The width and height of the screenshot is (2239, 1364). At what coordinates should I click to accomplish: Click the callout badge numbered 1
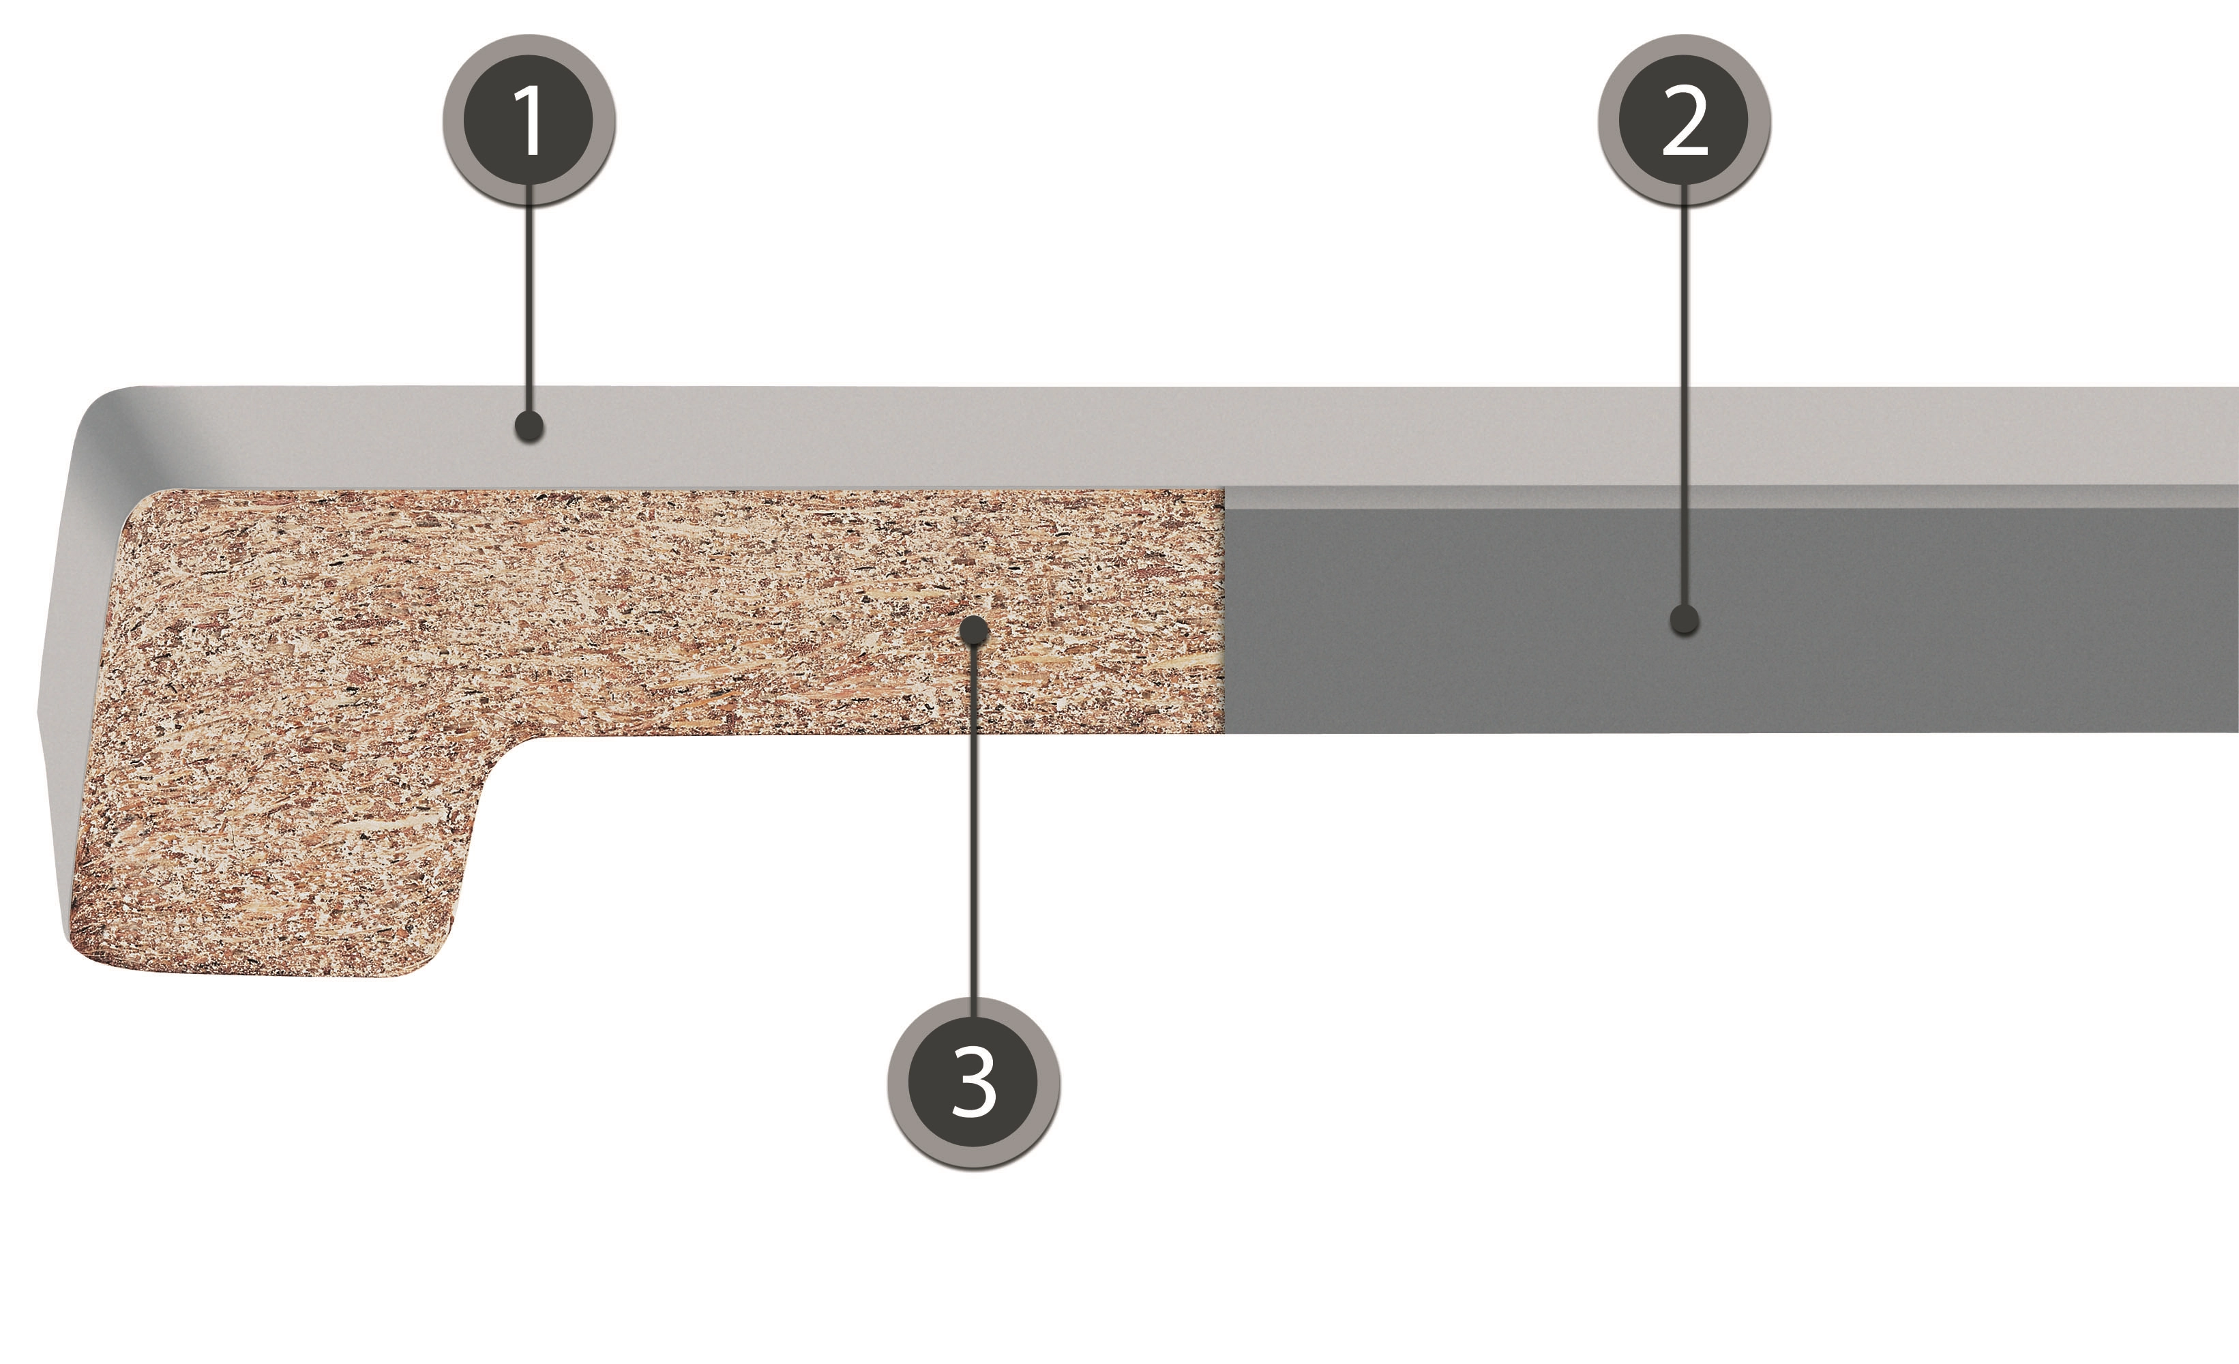529,121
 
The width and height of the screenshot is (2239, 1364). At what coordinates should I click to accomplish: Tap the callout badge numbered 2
1684,121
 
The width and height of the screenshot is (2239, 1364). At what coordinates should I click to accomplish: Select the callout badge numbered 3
973,1082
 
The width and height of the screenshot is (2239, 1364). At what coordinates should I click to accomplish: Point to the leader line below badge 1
529,309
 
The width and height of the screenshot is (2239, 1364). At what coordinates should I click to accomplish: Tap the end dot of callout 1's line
529,426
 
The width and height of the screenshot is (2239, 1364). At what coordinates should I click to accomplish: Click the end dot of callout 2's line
1685,620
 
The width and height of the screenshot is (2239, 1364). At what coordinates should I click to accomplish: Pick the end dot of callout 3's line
974,629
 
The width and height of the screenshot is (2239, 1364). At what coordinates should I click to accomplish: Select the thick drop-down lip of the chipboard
273,854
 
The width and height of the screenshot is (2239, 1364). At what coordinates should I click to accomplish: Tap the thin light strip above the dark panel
1731,497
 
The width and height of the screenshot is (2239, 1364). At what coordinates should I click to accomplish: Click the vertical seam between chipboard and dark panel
1224,610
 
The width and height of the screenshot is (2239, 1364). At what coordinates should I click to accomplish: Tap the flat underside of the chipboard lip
254,974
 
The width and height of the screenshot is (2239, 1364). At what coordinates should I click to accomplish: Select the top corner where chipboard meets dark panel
1224,490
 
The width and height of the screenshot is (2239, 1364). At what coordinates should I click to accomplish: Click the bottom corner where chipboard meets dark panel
1224,732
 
